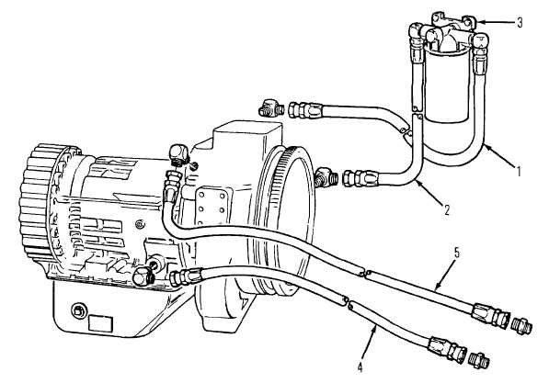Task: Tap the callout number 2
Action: click(446, 209)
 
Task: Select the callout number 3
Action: click(520, 22)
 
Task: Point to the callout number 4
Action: click(360, 368)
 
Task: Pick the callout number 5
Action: click(457, 253)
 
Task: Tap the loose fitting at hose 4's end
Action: click(480, 359)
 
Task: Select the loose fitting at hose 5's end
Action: click(523, 326)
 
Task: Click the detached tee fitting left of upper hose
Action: click(271, 107)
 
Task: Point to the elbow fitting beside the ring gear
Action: click(326, 176)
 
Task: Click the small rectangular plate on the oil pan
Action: click(100, 322)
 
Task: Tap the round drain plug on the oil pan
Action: click(77, 310)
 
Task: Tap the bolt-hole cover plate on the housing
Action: click(212, 207)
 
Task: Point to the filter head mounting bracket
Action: click(452, 22)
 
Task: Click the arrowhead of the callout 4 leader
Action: click(376, 326)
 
